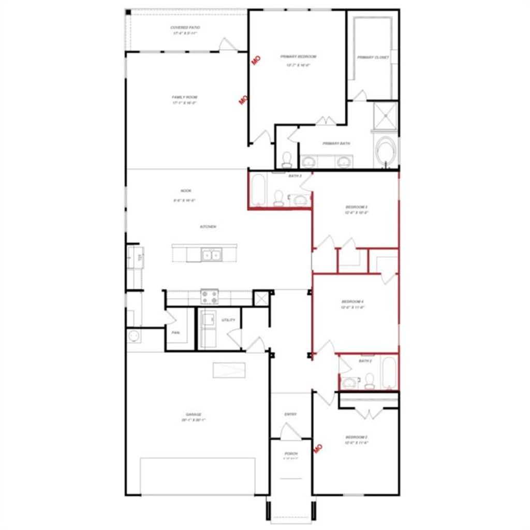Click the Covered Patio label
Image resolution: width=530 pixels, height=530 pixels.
point(185,27)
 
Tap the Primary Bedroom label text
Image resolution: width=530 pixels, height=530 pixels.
point(298,56)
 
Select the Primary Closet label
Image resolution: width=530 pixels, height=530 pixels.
point(373,57)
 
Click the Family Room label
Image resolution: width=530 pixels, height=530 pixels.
point(185,97)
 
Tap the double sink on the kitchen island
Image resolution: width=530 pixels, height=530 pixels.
point(211,254)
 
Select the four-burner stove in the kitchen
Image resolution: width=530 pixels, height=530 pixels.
point(210,297)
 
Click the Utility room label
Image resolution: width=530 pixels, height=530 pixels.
point(228,320)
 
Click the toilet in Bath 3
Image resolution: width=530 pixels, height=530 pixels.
point(278,198)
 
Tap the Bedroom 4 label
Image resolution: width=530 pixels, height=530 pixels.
point(353,301)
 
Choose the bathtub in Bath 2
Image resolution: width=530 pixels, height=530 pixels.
point(389,373)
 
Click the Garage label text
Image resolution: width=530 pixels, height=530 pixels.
point(194,415)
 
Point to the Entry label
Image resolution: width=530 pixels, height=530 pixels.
point(290,414)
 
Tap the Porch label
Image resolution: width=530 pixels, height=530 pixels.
point(291,453)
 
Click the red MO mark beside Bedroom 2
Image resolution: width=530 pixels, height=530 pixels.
point(318,447)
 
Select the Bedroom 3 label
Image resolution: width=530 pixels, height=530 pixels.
point(357,207)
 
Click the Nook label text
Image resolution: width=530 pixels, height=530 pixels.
point(186,190)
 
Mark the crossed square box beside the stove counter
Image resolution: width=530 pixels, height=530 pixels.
point(260,298)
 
